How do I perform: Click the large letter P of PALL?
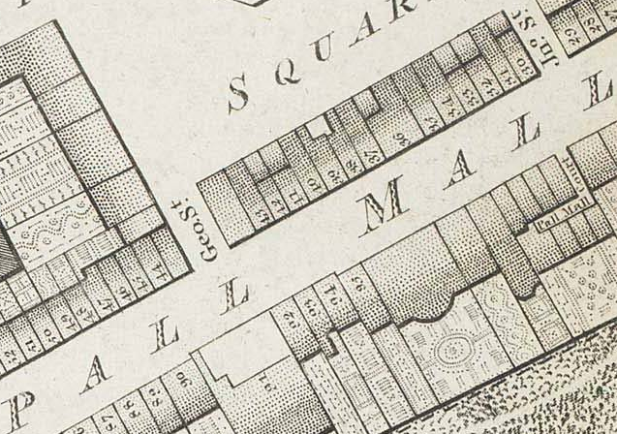point(98,374)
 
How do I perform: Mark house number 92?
point(289,316)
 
